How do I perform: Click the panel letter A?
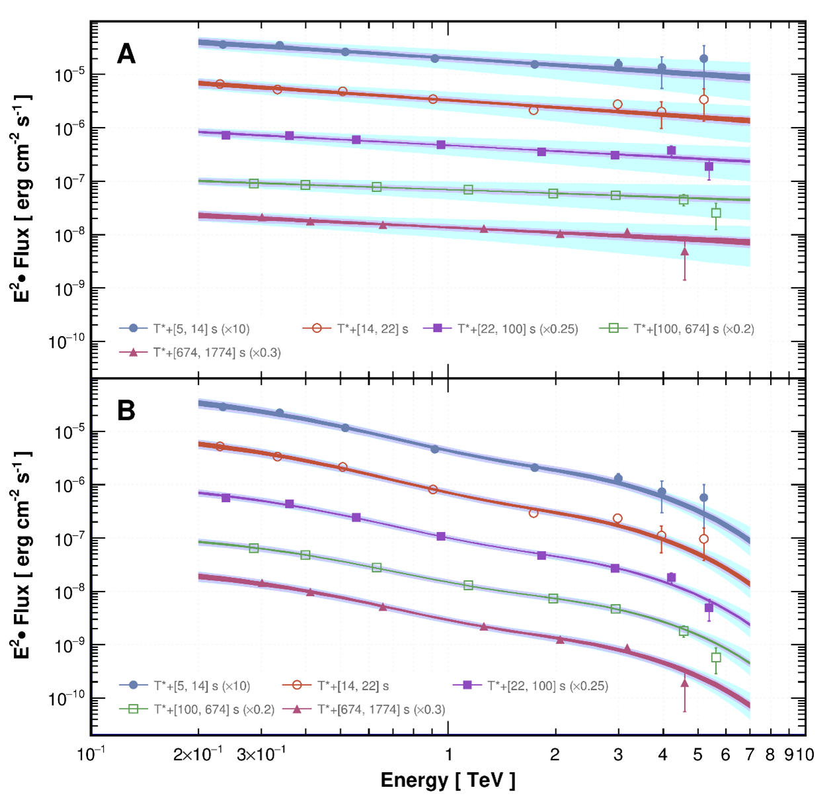tap(126, 54)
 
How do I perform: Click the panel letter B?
tap(126, 411)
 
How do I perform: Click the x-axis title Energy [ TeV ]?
tap(448, 780)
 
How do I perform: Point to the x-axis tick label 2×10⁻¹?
tap(197, 755)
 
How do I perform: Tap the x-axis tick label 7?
tap(750, 755)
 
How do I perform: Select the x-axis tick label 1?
tap(448, 755)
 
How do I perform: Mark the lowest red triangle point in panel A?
tap(684, 251)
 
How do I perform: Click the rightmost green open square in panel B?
tap(716, 658)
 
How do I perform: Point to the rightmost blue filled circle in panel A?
tap(703, 59)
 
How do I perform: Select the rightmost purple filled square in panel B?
tap(709, 607)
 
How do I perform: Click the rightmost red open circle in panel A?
tap(703, 100)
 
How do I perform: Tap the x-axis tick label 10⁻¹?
tap(91, 755)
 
